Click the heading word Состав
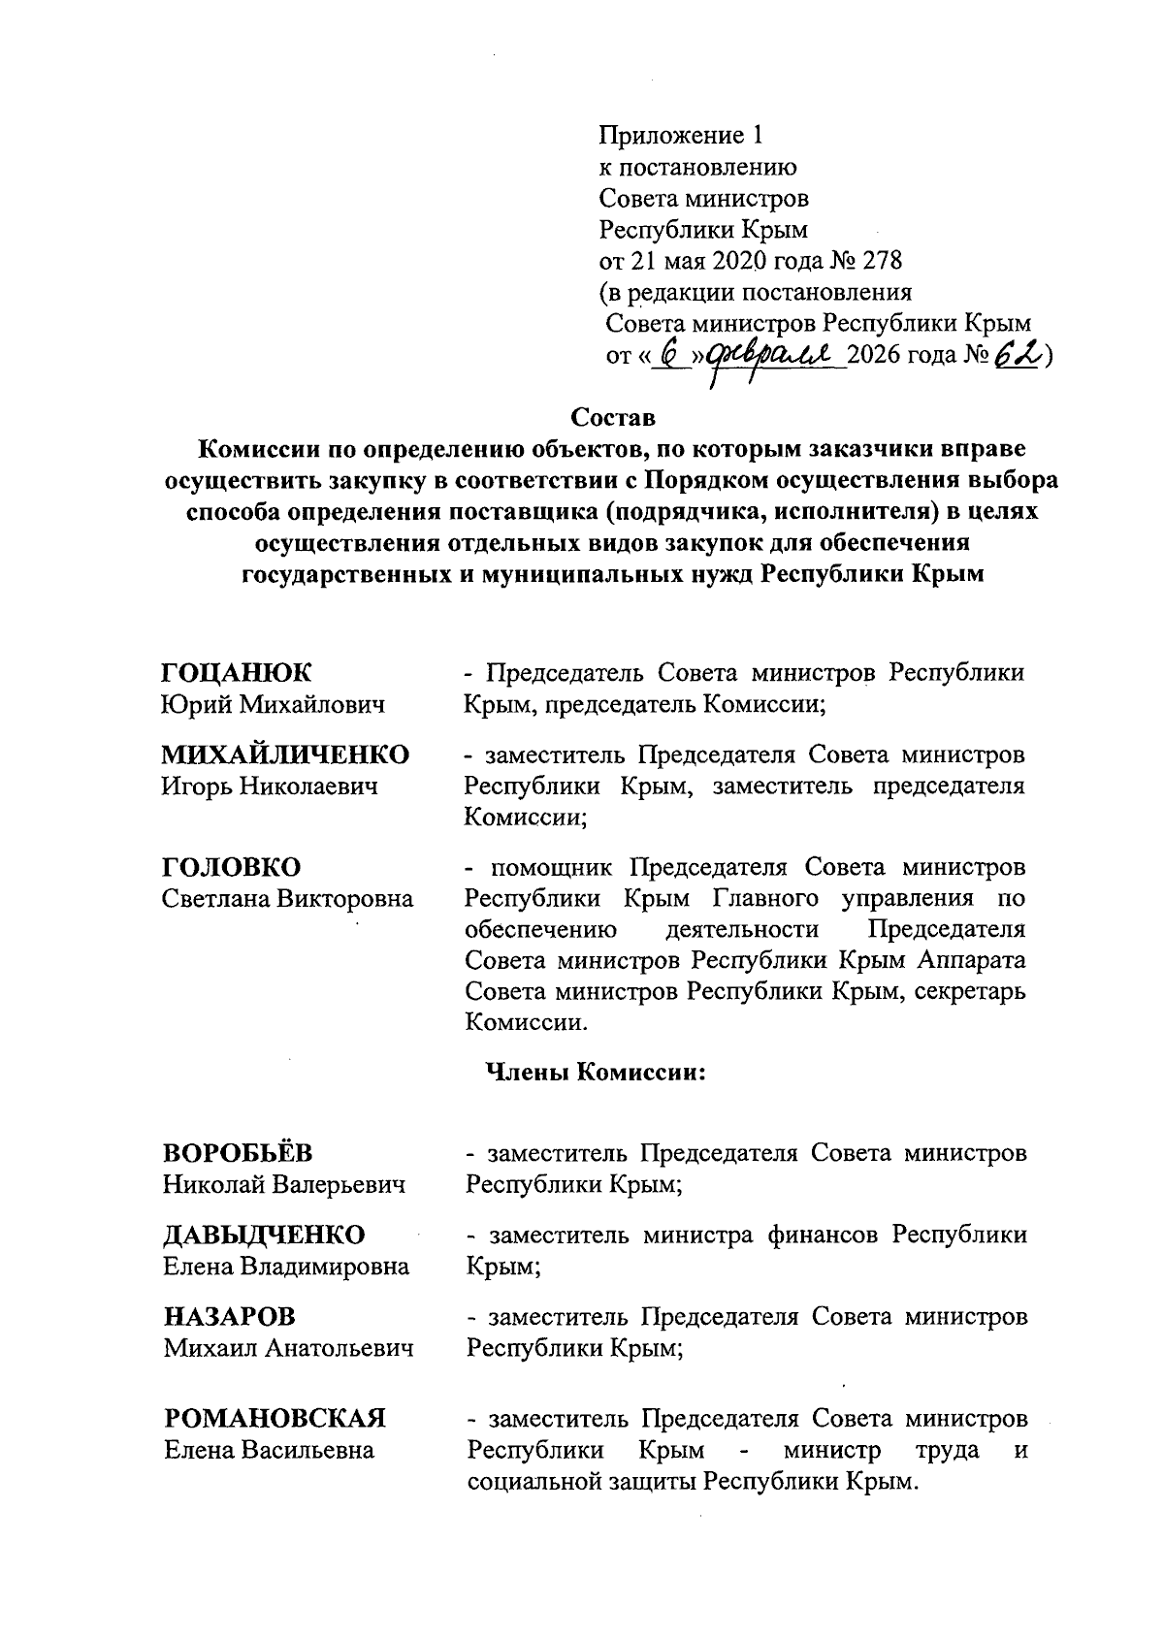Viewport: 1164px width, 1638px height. click(x=613, y=418)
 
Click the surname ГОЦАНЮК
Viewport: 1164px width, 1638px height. click(x=238, y=672)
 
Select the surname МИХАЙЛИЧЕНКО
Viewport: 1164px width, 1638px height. click(x=285, y=755)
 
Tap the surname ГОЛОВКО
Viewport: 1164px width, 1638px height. click(x=232, y=866)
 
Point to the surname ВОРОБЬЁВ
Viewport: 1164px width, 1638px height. click(x=238, y=1152)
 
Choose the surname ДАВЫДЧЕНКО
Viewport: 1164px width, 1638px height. click(x=264, y=1235)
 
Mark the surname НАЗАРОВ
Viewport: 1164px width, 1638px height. click(x=229, y=1316)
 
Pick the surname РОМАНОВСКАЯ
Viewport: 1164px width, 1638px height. click(x=275, y=1418)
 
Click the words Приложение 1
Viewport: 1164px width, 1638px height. click(x=682, y=135)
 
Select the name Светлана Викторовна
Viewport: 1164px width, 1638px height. click(x=288, y=898)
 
